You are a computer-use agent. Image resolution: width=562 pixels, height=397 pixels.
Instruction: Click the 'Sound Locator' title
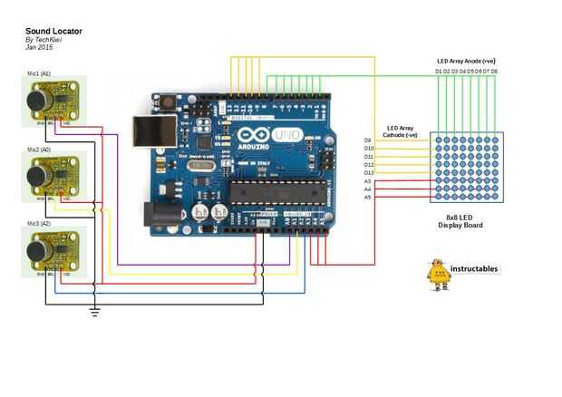click(x=53, y=31)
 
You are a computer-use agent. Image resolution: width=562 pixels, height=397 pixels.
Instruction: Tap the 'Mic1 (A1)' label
click(x=39, y=73)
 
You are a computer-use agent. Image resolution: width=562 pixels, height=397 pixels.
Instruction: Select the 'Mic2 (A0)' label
click(x=39, y=149)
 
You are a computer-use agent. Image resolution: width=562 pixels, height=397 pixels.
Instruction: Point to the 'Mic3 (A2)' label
click(x=39, y=222)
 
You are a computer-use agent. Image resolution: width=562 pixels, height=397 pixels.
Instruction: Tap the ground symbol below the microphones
click(x=93, y=313)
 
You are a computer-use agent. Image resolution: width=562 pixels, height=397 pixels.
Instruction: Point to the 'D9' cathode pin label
click(x=368, y=140)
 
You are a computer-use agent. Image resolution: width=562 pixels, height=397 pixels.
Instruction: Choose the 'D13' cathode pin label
click(x=369, y=173)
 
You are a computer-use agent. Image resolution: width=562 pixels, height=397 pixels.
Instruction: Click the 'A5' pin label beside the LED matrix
click(x=368, y=197)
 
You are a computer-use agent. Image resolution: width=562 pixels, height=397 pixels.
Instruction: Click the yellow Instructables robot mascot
click(x=438, y=275)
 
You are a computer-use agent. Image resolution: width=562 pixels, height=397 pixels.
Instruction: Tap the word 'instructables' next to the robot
click(x=474, y=269)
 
